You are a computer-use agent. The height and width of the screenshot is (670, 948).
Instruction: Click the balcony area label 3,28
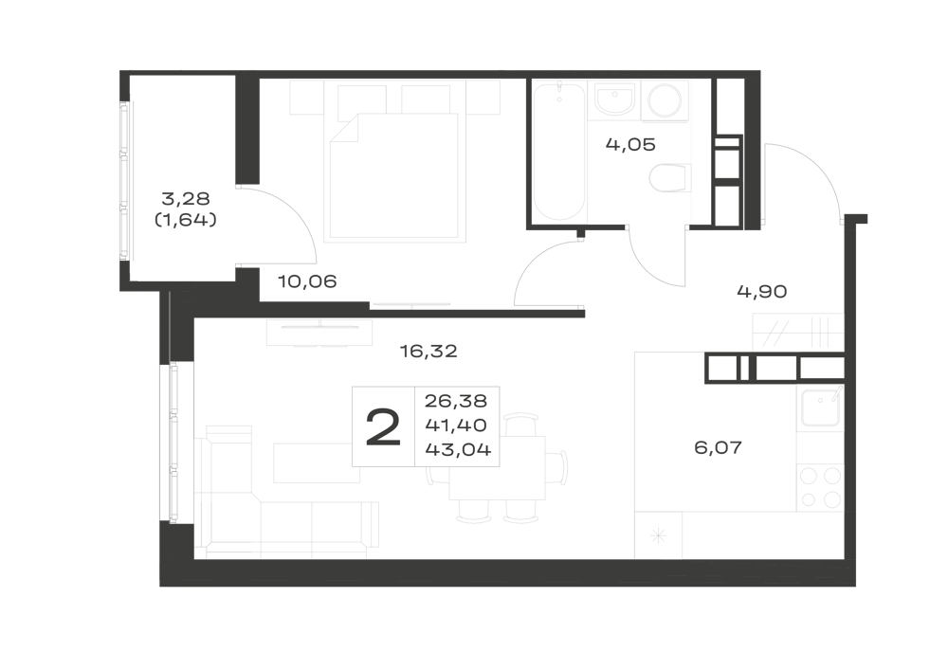pos(186,198)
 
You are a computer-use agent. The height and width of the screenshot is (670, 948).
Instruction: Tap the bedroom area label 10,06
pos(307,281)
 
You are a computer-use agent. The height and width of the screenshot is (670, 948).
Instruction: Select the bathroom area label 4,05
pos(630,145)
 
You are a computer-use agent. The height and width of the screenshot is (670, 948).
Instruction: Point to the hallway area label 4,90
pos(762,292)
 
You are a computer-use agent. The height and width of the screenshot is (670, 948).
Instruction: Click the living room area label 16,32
pos(428,351)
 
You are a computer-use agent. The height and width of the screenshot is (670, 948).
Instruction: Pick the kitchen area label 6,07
pos(718,447)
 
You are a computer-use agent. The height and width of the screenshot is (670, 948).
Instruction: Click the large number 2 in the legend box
pos(383,426)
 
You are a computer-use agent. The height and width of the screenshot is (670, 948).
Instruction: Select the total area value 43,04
pos(458,449)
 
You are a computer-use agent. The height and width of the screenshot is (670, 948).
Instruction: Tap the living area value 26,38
pos(456,401)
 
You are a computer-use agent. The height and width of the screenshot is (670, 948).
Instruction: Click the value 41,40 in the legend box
pos(456,426)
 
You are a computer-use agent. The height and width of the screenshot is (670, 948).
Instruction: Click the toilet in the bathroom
pos(670,178)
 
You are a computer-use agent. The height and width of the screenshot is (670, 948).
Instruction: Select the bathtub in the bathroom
pos(559,151)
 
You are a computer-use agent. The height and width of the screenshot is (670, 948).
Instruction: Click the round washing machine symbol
pos(665,100)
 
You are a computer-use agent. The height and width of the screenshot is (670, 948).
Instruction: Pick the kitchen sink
pos(820,407)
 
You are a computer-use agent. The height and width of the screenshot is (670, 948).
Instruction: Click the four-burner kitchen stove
pos(820,488)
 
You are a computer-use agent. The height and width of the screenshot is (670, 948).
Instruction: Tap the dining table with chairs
pos(496,468)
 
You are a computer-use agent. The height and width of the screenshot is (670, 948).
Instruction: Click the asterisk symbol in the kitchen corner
pos(659,535)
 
